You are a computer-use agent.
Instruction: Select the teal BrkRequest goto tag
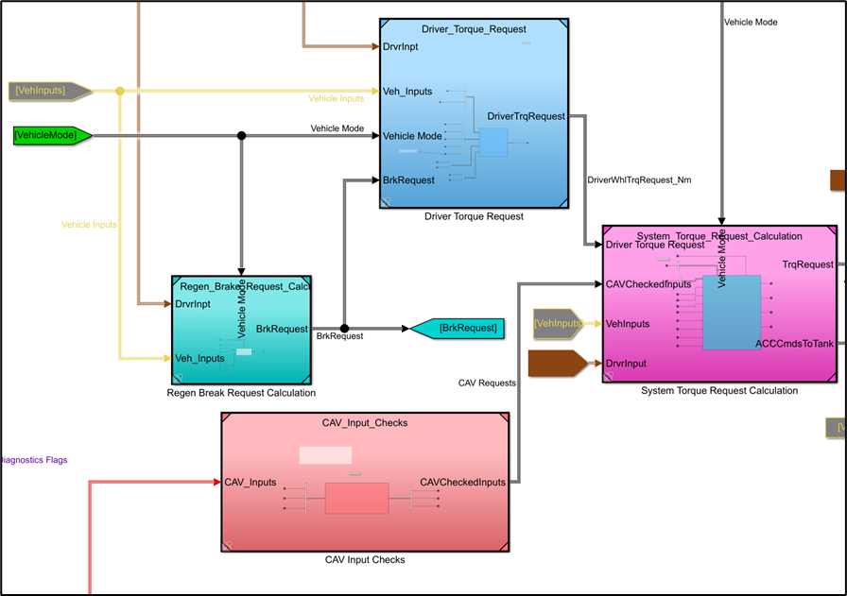click(457, 329)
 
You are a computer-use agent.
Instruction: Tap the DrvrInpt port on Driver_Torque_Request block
click(402, 45)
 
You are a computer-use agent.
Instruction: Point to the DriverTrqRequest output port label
click(526, 116)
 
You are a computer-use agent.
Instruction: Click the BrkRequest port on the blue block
click(408, 179)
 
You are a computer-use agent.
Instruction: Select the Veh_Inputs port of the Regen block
click(199, 358)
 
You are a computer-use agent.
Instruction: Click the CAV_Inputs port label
click(251, 483)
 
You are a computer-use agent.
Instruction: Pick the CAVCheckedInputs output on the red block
click(462, 483)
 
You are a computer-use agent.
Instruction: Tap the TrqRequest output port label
click(808, 265)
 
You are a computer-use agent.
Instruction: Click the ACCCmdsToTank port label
click(794, 344)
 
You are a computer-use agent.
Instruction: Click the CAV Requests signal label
click(487, 383)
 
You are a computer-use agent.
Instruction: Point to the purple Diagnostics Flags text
click(34, 460)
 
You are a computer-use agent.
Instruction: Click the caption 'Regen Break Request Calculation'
click(241, 393)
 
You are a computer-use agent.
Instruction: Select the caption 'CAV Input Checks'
click(364, 560)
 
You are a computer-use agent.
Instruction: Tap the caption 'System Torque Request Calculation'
click(719, 391)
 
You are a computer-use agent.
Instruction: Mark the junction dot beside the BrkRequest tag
click(344, 329)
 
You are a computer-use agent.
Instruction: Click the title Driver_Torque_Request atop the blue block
click(474, 29)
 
